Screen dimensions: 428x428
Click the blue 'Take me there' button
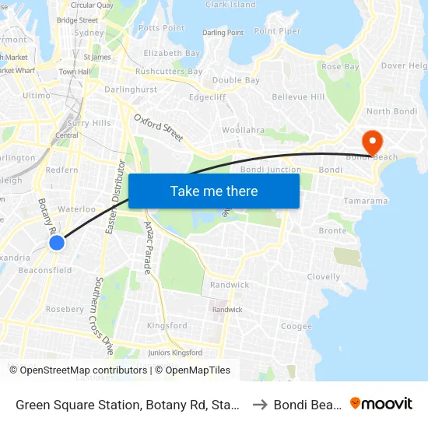tap(214, 191)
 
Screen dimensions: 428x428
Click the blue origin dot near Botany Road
tap(57, 243)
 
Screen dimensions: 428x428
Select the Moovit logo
tap(381, 403)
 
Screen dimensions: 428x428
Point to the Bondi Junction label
tap(271, 170)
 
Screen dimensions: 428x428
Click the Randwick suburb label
tap(230, 285)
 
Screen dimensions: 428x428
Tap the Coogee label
tap(296, 327)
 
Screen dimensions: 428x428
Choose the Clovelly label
tap(324, 277)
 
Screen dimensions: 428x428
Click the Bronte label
tap(332, 231)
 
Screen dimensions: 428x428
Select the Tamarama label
tap(365, 201)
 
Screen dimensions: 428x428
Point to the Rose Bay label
tap(341, 67)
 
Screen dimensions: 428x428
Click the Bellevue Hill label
tap(298, 97)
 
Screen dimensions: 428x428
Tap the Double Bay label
tap(236, 80)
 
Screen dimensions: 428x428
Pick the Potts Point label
tap(161, 28)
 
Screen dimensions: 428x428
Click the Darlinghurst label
tap(131, 89)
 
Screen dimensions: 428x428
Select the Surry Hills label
tap(89, 123)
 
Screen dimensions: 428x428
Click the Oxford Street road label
tap(159, 128)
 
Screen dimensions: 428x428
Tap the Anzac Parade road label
tap(149, 247)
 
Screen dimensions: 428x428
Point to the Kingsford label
tap(167, 325)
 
